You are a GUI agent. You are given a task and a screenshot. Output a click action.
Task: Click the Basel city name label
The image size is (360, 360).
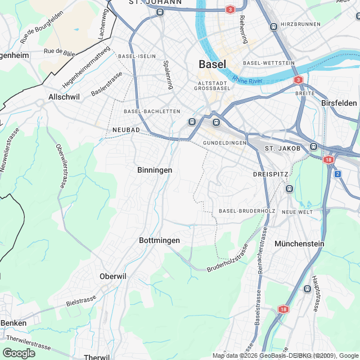pyautogui.click(x=213, y=64)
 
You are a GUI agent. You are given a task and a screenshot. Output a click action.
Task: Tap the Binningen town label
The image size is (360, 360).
pyautogui.click(x=155, y=169)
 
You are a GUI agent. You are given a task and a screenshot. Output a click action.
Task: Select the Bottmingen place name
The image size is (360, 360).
pyautogui.click(x=159, y=240)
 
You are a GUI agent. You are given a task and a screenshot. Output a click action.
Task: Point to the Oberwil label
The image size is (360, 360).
pyautogui.click(x=113, y=276)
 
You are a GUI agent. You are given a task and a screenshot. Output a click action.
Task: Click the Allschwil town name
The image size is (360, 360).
pyautogui.click(x=64, y=97)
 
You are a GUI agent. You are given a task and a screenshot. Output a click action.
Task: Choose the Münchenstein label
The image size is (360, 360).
pyautogui.click(x=299, y=244)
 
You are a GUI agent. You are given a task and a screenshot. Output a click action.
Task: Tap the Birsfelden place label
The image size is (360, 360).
pyautogui.click(x=339, y=103)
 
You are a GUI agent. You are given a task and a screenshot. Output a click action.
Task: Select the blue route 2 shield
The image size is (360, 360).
pyautogui.click(x=337, y=174)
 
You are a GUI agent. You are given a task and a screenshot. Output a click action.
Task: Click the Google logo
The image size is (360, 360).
pyautogui.click(x=19, y=353)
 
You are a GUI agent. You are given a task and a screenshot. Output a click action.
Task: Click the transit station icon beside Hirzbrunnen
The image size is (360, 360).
pyautogui.click(x=273, y=26)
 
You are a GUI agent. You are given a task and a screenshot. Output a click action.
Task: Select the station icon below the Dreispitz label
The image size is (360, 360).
pyautogui.click(x=289, y=188)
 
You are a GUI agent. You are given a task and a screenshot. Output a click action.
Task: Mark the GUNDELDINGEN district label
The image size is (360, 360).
pyautogui.click(x=225, y=143)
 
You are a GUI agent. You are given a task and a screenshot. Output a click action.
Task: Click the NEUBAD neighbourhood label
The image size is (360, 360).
pyautogui.click(x=126, y=129)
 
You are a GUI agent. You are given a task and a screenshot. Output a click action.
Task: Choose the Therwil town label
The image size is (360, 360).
pyautogui.click(x=96, y=357)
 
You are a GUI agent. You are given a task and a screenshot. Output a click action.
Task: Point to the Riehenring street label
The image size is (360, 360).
pyautogui.click(x=243, y=29)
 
